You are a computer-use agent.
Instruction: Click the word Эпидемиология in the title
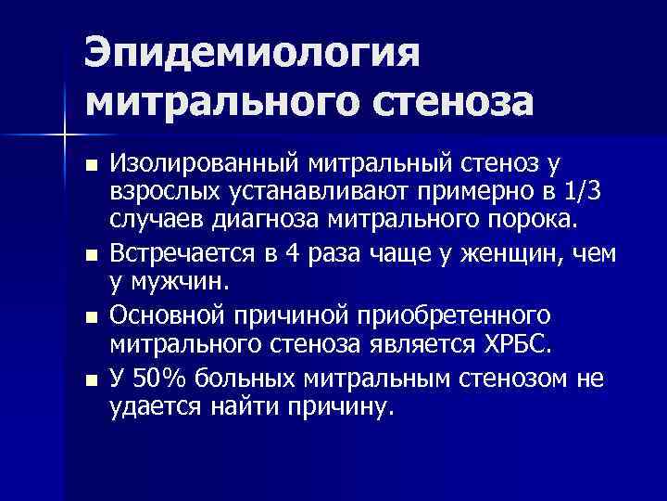(x=252, y=52)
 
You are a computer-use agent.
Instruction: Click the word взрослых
(x=161, y=191)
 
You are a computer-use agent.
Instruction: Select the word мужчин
(x=176, y=279)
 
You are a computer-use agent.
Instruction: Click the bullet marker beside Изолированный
(x=89, y=167)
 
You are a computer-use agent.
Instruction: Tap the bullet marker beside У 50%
(x=89, y=379)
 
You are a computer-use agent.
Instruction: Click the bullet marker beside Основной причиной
(x=89, y=317)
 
